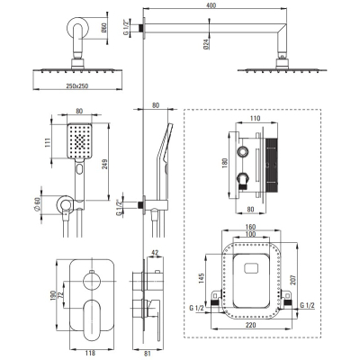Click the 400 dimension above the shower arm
click(x=211, y=5)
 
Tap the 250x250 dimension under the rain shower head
click(x=77, y=85)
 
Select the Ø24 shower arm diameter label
click(x=206, y=44)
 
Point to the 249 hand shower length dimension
click(x=104, y=162)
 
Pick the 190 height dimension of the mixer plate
click(x=53, y=295)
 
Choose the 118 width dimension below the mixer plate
click(x=87, y=354)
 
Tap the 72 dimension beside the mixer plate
click(x=60, y=295)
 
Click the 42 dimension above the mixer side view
click(x=155, y=253)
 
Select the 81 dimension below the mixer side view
click(x=147, y=354)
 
